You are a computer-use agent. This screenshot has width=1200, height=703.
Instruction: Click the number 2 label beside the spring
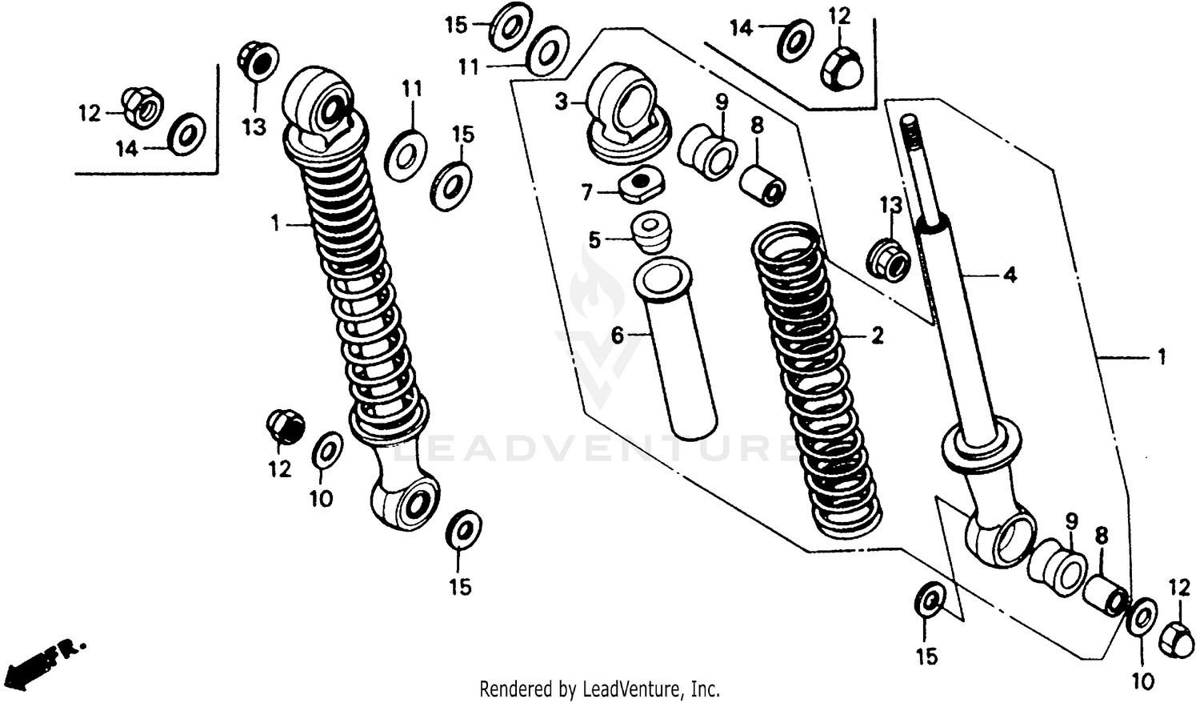pyautogui.click(x=878, y=335)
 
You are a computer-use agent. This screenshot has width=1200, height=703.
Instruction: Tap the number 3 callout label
pyautogui.click(x=562, y=102)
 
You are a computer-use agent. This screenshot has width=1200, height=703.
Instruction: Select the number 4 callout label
pyautogui.click(x=1010, y=275)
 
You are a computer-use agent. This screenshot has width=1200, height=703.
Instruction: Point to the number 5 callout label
pyautogui.click(x=594, y=239)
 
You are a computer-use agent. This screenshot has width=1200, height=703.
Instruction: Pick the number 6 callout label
pyautogui.click(x=618, y=335)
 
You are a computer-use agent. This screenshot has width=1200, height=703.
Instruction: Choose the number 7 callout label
pyautogui.click(x=587, y=192)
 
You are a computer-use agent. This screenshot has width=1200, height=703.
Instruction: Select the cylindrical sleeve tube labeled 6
pyautogui.click(x=676, y=352)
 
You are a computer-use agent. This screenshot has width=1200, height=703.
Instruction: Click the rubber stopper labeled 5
pyautogui.click(x=650, y=231)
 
